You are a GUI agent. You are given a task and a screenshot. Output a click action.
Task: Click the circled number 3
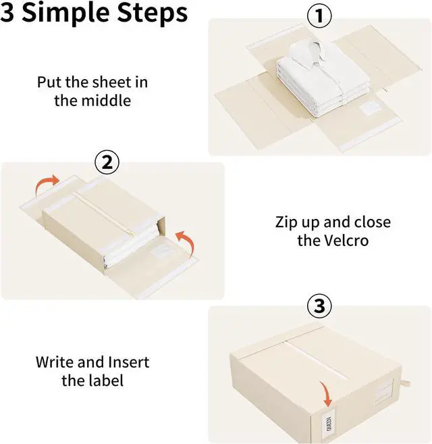pos(320,307)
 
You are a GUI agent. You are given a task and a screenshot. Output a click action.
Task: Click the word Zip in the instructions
pos(288,222)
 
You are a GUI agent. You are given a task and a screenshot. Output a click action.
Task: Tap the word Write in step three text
pos(55,362)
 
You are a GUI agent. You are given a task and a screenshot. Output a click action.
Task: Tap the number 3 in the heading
pos(8,12)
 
